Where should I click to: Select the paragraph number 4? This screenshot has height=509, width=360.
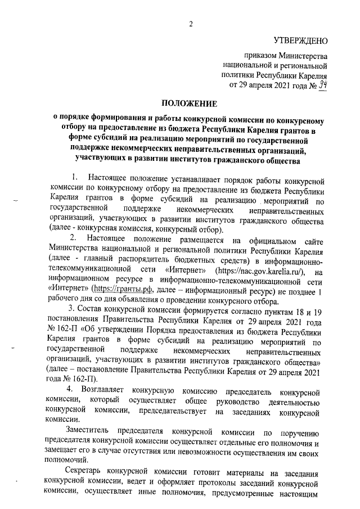(70, 390)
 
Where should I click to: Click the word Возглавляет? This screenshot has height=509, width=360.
(103, 390)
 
